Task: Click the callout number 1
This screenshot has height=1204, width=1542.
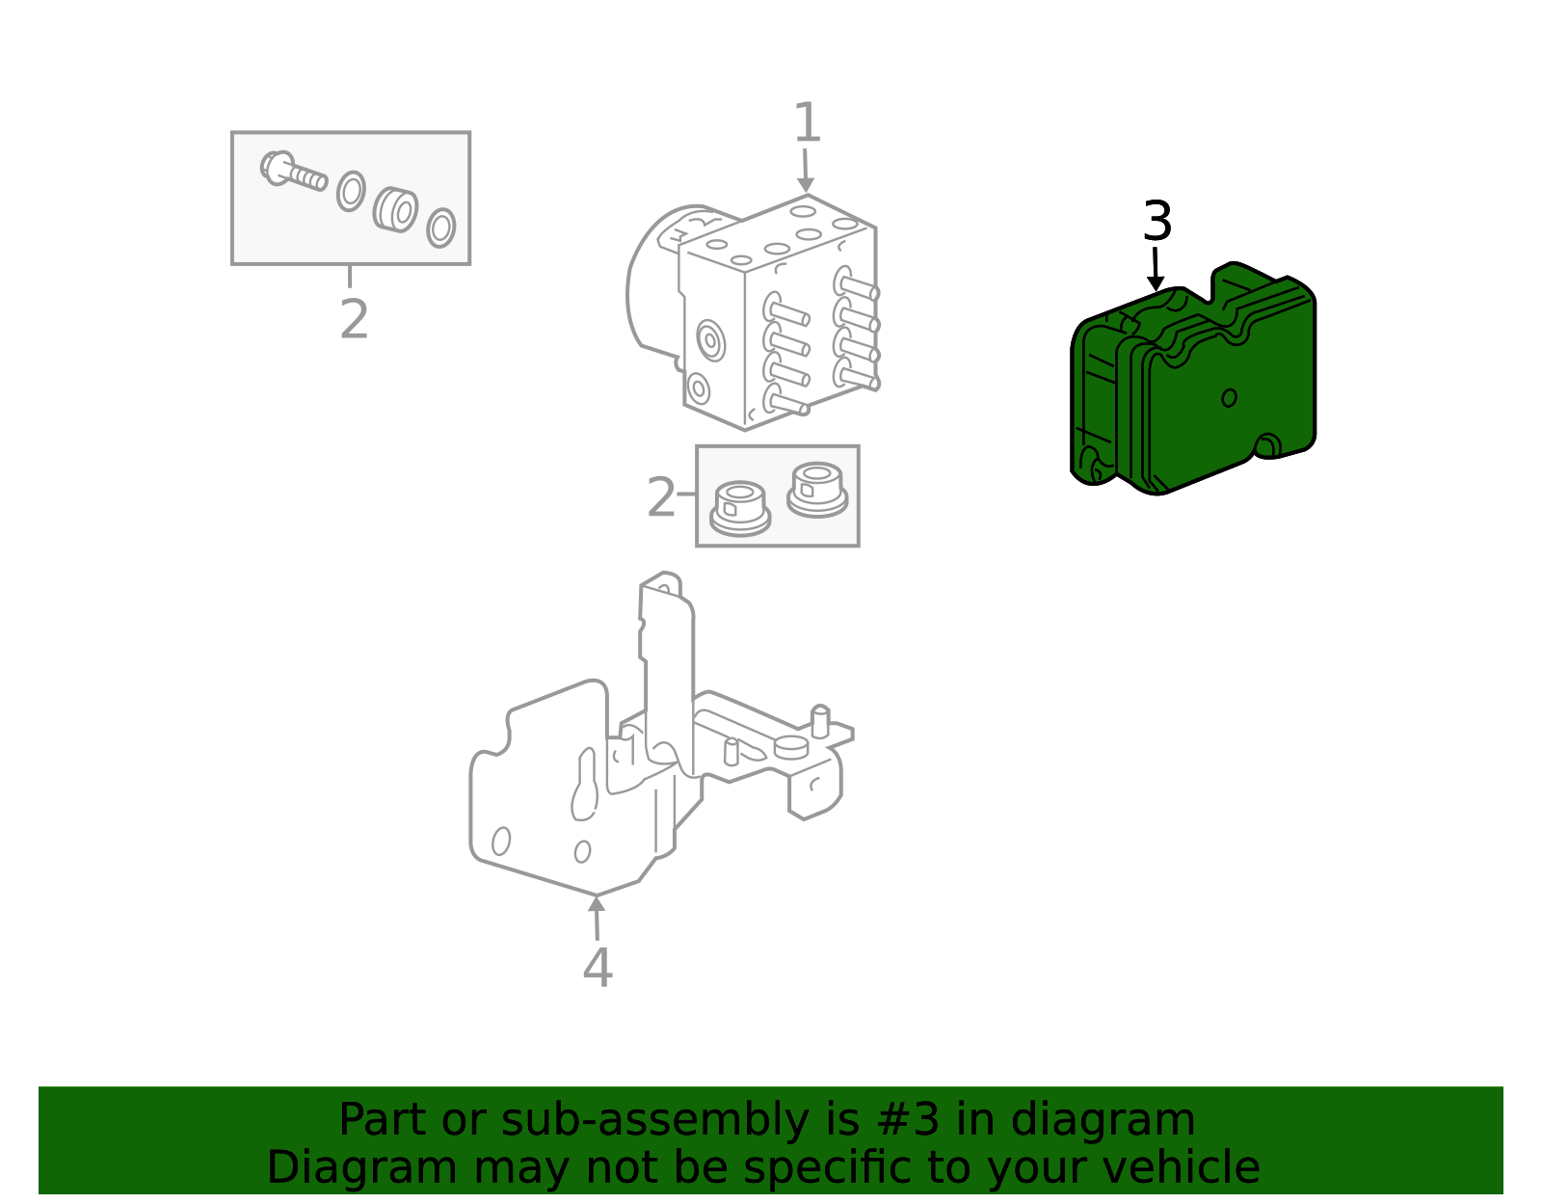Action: [x=807, y=124]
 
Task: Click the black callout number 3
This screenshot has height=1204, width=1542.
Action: [x=1156, y=223]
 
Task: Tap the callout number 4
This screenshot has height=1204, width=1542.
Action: [x=598, y=968]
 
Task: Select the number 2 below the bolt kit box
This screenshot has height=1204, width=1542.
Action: [x=354, y=319]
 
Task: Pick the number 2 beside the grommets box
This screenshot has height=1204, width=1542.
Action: [x=661, y=498]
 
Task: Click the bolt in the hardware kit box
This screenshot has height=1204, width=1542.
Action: [x=292, y=173]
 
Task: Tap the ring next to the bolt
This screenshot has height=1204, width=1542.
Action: [x=351, y=191]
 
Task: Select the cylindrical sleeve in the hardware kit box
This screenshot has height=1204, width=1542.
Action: [x=395, y=210]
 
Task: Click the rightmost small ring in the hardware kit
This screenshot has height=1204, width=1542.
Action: [x=440, y=227]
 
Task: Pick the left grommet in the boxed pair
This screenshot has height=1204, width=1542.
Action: [x=739, y=508]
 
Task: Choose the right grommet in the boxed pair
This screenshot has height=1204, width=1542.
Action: [x=816, y=489]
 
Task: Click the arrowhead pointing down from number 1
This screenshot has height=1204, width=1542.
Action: [x=806, y=184]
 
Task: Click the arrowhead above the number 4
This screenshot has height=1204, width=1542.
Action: [x=597, y=903]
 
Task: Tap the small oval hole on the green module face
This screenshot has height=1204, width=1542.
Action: [x=1229, y=397]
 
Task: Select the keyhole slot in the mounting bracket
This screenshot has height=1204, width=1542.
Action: [x=585, y=786]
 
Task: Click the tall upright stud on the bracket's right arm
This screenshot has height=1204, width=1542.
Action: [x=820, y=720]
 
